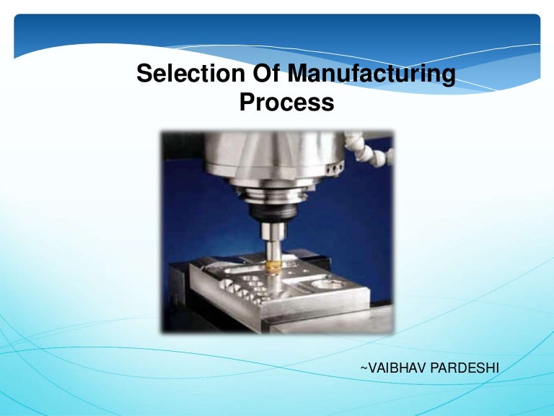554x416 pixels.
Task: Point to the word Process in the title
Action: point(286,103)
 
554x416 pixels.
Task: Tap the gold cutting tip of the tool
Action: point(273,266)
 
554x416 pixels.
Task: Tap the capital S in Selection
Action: point(144,74)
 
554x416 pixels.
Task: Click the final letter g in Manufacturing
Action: point(449,77)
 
